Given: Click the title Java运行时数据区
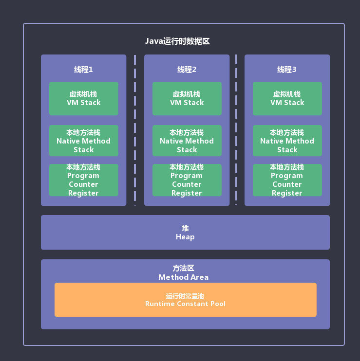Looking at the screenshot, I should tap(177, 41).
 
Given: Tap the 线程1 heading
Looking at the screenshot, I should tap(83, 70).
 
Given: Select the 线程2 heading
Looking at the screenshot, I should tap(187, 70).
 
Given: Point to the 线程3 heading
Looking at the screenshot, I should tap(287, 70).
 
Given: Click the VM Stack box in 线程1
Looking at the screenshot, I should tap(83, 98).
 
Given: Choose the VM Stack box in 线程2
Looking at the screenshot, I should tap(187, 98).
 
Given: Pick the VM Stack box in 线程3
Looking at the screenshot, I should tap(287, 98).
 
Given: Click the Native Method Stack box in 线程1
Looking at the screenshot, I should tap(83, 141).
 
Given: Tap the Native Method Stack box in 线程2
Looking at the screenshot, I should tap(187, 141).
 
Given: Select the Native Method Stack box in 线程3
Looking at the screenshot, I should tap(287, 141).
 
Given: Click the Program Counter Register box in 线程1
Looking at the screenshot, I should tap(83, 180).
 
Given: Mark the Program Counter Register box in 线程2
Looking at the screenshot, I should tap(187, 180).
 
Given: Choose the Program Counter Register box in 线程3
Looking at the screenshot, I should tap(287, 180).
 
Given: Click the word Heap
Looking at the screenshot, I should tap(185, 237).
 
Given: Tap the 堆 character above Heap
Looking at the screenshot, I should tap(185, 228).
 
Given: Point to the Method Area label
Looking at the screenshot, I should tap(183, 277).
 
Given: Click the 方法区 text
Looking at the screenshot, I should tap(183, 268).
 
